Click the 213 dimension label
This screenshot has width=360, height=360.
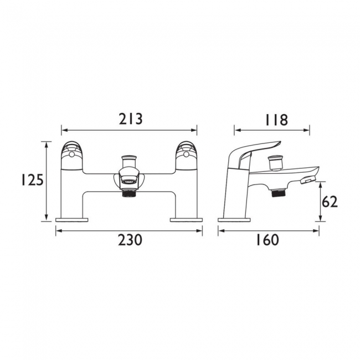pyautogui.click(x=131, y=120)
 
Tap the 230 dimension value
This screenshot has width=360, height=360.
pyautogui.click(x=130, y=240)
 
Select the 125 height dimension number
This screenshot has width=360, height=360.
pyautogui.click(x=32, y=180)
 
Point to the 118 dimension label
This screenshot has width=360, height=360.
pyautogui.click(x=276, y=120)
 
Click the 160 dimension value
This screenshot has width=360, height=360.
pyautogui.click(x=268, y=240)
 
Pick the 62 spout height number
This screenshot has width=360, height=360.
pyautogui.click(x=330, y=202)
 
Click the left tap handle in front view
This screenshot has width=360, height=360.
pyautogui.click(x=71, y=156)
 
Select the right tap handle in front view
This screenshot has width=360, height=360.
pyautogui.click(x=187, y=156)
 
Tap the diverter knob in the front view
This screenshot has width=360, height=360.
pyautogui.click(x=129, y=162)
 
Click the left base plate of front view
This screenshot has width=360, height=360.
pyautogui.click(x=72, y=220)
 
